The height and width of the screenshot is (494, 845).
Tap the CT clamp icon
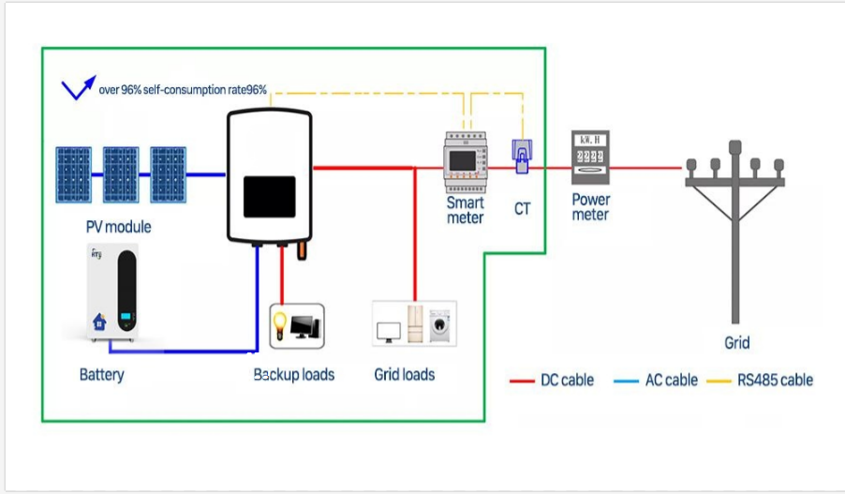tap(520, 156)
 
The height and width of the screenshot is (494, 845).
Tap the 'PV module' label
tap(118, 227)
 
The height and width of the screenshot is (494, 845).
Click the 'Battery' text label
tap(101, 375)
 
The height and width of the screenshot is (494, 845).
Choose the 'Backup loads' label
tap(294, 374)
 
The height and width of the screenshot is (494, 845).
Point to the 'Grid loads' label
tap(404, 374)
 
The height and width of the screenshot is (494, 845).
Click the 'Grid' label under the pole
tap(737, 343)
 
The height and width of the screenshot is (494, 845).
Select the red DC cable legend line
tap(522, 381)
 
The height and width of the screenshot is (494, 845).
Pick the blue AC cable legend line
tap(627, 381)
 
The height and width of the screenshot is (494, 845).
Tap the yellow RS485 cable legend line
tap(719, 381)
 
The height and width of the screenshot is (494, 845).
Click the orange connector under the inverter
tap(303, 251)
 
